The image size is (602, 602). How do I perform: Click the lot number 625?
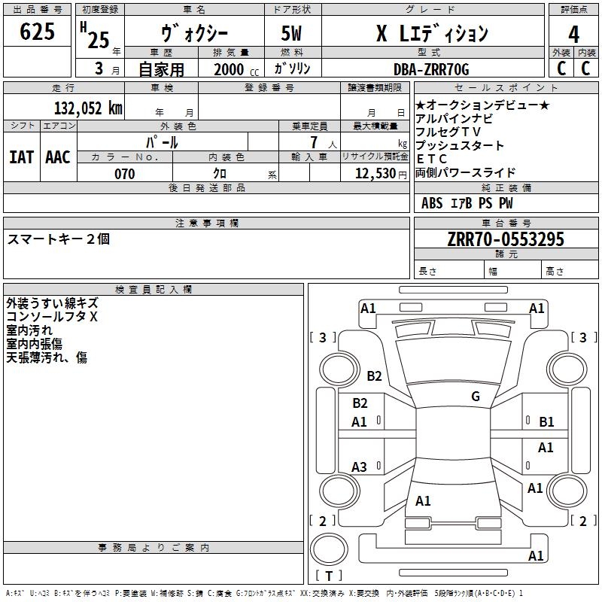click(x=37, y=31)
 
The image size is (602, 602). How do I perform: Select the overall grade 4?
click(x=573, y=35)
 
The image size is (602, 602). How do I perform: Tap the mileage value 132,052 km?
click(x=88, y=108)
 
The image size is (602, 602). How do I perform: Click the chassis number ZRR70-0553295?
click(x=506, y=239)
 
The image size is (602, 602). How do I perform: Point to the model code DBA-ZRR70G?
click(x=431, y=69)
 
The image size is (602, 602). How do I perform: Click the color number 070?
click(x=125, y=174)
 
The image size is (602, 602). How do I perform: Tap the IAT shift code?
click(x=22, y=157)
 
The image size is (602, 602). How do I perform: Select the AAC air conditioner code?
click(x=58, y=157)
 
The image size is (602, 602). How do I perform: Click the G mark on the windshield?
click(x=476, y=396)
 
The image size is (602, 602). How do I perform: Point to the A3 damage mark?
click(x=359, y=467)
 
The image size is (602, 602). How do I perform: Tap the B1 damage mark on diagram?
click(x=546, y=422)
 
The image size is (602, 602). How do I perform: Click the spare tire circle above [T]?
click(x=329, y=549)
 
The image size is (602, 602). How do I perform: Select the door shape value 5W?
click(x=291, y=33)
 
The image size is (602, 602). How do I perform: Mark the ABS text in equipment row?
click(x=432, y=203)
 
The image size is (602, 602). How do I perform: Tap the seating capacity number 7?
click(x=314, y=142)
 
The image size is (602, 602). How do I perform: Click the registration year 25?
click(x=99, y=40)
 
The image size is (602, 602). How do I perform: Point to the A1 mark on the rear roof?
click(x=423, y=500)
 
